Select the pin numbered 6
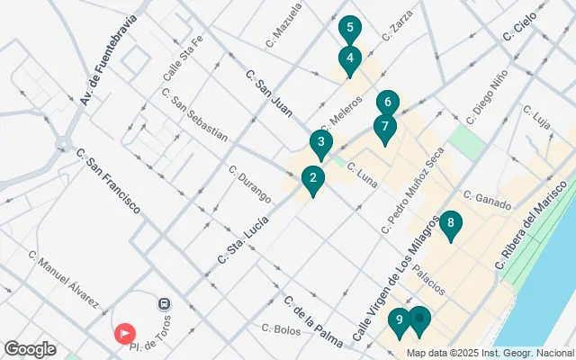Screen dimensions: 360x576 pyautogui.click(x=387, y=103)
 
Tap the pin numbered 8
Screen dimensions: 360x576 pyautogui.click(x=450, y=223)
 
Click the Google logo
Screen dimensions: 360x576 pyautogui.click(x=31, y=349)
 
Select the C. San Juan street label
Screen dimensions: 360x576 pyautogui.click(x=269, y=94)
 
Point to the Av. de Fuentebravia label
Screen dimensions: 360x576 pyautogui.click(x=112, y=59)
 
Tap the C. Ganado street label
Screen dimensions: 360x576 pyautogui.click(x=487, y=195)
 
